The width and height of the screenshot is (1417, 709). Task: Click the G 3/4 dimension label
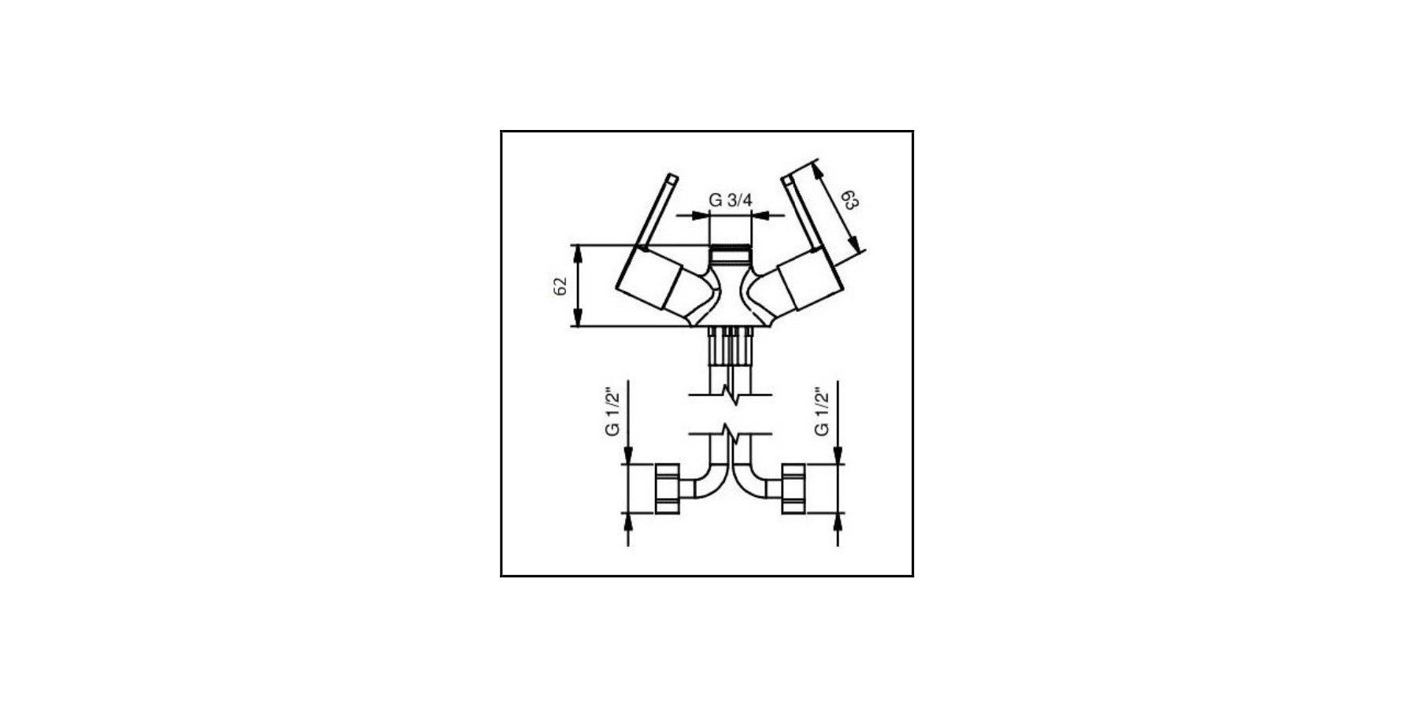pyautogui.click(x=730, y=200)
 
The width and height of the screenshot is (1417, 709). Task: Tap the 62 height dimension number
pyautogui.click(x=561, y=286)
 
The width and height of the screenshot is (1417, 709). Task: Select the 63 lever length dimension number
pyautogui.click(x=849, y=199)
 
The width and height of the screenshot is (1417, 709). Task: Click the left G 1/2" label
pyautogui.click(x=612, y=411)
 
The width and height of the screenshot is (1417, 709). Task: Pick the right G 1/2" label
pyautogui.click(x=821, y=411)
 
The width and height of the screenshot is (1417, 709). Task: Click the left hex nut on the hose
pyautogui.click(x=667, y=489)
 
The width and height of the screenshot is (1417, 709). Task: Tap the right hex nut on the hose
pyautogui.click(x=794, y=489)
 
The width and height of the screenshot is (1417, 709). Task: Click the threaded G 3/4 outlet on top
pyautogui.click(x=731, y=257)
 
